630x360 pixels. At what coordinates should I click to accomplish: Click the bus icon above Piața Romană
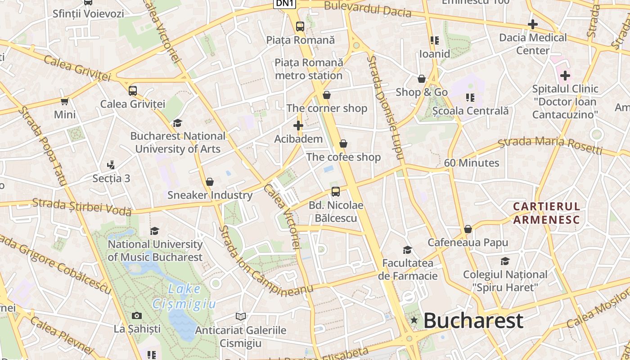300,27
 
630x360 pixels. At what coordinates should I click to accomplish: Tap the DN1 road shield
285,3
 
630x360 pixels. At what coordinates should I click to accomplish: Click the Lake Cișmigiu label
184,296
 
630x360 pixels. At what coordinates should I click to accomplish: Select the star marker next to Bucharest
414,320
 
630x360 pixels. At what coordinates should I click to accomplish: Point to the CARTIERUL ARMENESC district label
547,213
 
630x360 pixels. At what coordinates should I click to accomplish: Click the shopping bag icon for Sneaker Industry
210,182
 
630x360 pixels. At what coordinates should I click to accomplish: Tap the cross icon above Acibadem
298,126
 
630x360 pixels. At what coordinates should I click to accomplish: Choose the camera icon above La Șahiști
137,316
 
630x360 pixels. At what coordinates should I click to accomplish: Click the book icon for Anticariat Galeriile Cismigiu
241,317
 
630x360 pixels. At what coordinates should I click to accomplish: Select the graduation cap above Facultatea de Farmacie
408,250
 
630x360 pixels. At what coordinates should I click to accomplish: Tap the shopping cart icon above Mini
65,101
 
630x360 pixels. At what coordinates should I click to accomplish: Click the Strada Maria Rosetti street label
550,144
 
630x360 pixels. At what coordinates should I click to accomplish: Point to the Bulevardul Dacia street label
368,9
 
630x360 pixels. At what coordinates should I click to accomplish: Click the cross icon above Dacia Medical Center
533,24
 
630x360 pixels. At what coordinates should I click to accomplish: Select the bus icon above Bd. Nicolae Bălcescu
336,192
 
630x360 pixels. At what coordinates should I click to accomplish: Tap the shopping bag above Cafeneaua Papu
468,229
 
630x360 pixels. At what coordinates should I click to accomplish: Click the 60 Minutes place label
472,163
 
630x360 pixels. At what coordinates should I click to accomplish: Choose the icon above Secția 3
111,165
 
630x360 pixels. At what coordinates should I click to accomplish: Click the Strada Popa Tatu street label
43,147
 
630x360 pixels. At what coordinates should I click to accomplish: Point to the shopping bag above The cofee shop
343,144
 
